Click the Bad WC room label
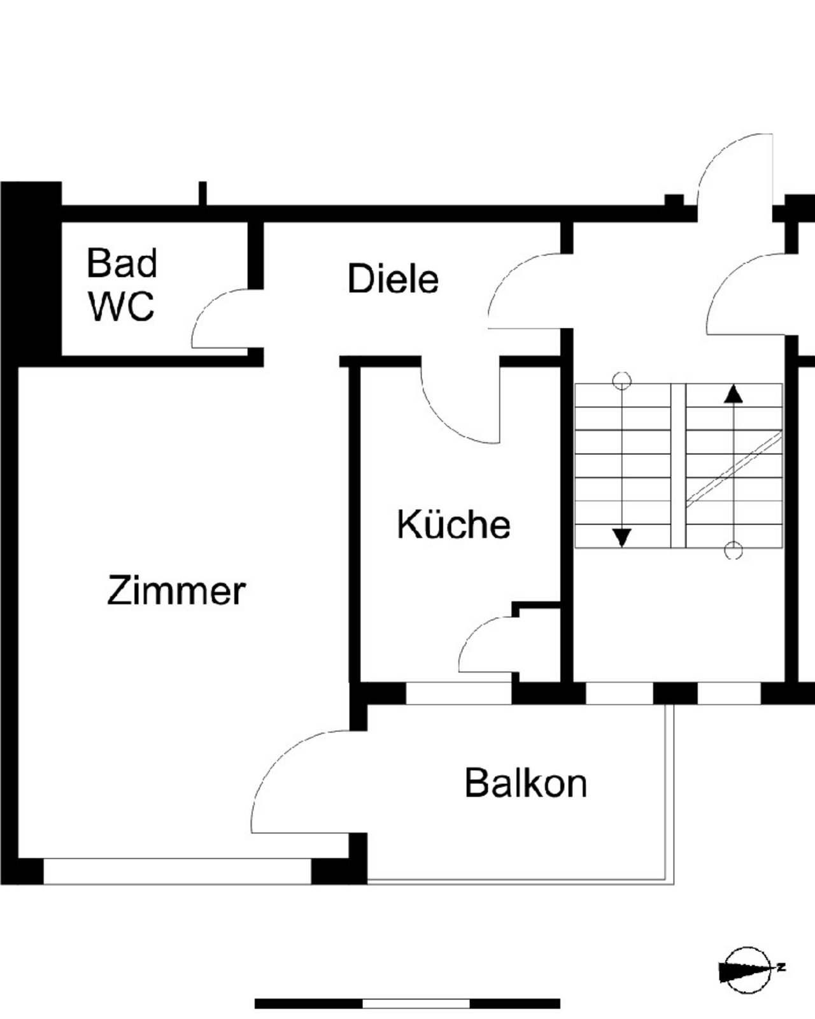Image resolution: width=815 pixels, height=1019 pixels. click(121, 285)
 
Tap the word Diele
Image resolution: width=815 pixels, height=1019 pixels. click(393, 279)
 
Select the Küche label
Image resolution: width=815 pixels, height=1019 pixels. click(453, 524)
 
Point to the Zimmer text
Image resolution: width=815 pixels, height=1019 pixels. click(176, 591)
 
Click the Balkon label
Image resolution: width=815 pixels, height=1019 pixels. click(525, 783)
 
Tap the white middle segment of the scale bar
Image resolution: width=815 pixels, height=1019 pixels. click(416, 1004)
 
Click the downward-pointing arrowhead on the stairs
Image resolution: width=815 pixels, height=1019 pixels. click(622, 538)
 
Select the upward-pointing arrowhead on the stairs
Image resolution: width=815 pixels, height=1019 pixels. click(733, 394)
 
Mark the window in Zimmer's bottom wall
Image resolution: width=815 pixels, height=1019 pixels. click(177, 871)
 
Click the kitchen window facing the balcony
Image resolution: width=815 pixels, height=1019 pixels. click(458, 694)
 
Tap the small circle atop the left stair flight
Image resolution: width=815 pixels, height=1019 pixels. click(622, 381)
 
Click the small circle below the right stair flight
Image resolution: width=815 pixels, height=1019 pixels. click(733, 550)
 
